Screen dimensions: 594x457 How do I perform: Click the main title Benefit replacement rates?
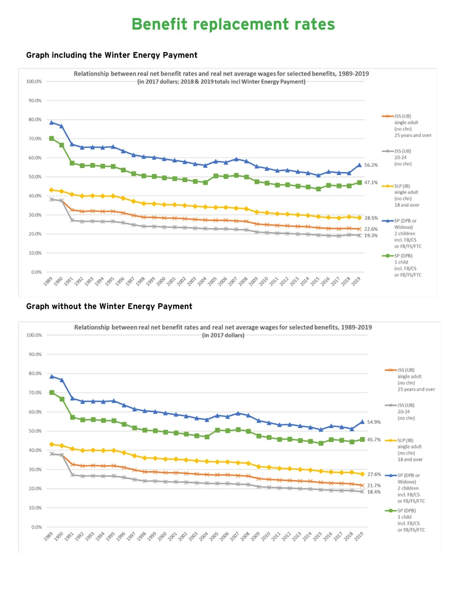pyautogui.click(x=233, y=24)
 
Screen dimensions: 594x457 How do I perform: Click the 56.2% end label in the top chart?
pyautogui.click(x=371, y=165)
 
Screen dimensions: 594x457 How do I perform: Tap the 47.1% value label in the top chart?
pyautogui.click(x=371, y=182)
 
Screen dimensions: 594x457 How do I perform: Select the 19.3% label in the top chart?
pyautogui.click(x=371, y=236)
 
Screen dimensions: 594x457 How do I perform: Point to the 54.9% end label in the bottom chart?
pyautogui.click(x=374, y=422)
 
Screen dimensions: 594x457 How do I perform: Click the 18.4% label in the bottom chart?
pyautogui.click(x=374, y=492)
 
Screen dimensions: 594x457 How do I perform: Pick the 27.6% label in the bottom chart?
pyautogui.click(x=374, y=474)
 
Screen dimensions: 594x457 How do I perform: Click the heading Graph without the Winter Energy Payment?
pyautogui.click(x=109, y=306)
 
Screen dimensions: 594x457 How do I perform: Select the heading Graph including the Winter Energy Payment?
pyautogui.click(x=112, y=55)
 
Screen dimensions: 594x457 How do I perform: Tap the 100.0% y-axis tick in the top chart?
pyautogui.click(x=34, y=81)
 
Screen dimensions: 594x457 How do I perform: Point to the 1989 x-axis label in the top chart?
pyautogui.click(x=48, y=281)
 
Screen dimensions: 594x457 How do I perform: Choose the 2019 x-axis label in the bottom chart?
pyautogui.click(x=359, y=536)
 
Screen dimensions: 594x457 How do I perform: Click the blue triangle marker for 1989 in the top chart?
pyautogui.click(x=51, y=122)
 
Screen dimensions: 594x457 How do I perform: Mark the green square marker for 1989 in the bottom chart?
pyautogui.click(x=52, y=392)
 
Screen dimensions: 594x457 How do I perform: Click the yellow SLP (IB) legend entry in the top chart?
pyautogui.click(x=406, y=196)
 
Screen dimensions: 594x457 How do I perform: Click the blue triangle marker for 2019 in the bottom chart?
pyautogui.click(x=362, y=422)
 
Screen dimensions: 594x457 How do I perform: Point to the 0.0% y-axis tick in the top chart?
pyautogui.click(x=37, y=272)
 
